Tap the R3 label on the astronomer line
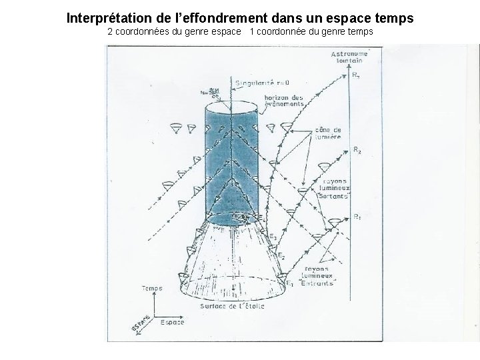[357, 75]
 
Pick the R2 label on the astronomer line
[357, 150]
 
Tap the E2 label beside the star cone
[281, 255]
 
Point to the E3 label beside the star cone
[272, 237]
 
